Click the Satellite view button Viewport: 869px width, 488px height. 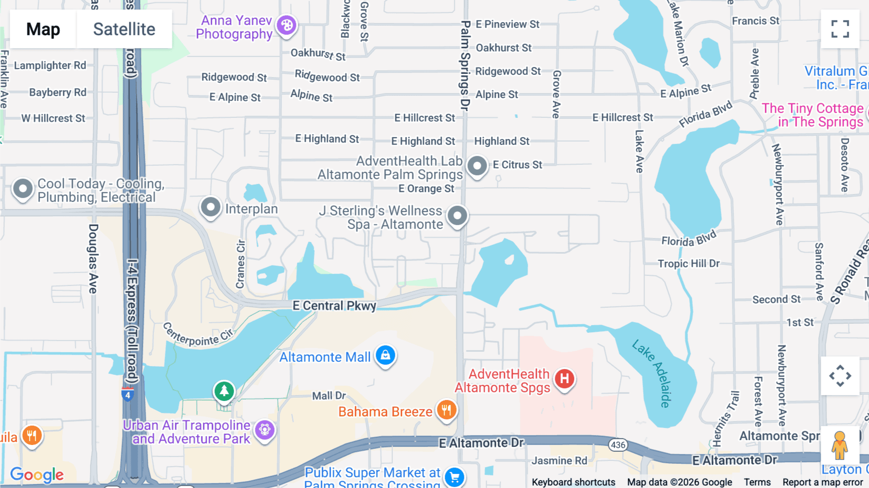124,29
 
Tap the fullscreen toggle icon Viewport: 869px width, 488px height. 840,29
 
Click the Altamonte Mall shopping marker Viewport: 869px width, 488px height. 385,356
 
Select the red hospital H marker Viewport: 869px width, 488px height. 564,379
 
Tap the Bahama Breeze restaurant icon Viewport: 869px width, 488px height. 447,410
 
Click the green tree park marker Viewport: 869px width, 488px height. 224,391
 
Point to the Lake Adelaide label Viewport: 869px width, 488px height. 652,373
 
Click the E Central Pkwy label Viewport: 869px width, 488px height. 334,306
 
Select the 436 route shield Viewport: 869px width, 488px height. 618,445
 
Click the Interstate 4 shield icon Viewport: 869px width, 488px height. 127,395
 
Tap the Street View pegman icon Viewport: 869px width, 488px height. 840,445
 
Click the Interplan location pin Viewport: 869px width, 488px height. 210,208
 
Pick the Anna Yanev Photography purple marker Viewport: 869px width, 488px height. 287,25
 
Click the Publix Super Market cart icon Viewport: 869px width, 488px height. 454,477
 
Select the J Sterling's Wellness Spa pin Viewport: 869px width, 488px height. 457,215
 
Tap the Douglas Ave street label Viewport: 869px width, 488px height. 93,258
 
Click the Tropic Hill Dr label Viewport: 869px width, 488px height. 688,264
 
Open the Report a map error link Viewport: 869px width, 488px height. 823,482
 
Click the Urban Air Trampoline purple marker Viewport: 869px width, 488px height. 265,429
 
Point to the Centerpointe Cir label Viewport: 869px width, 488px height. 198,334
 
